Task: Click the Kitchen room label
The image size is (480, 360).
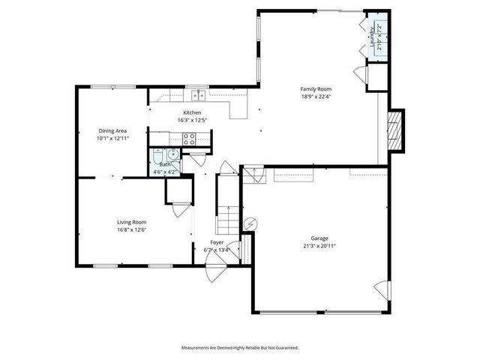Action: click(192, 112)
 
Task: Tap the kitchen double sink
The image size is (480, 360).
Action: click(198, 94)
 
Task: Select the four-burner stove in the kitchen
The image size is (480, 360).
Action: click(190, 138)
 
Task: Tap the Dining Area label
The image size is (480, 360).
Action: click(112, 130)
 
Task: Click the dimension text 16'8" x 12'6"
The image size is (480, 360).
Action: click(130, 229)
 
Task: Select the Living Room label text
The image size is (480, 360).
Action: click(130, 222)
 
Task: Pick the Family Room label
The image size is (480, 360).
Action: click(315, 88)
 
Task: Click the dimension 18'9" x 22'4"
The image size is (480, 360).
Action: click(315, 96)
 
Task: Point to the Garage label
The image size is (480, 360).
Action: click(319, 238)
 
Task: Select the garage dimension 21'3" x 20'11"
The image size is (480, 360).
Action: click(319, 245)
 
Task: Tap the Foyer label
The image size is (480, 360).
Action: click(217, 241)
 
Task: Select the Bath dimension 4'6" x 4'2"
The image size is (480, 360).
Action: click(165, 172)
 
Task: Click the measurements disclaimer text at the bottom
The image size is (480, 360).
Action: click(240, 347)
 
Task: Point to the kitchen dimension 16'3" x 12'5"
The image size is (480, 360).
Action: click(192, 120)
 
